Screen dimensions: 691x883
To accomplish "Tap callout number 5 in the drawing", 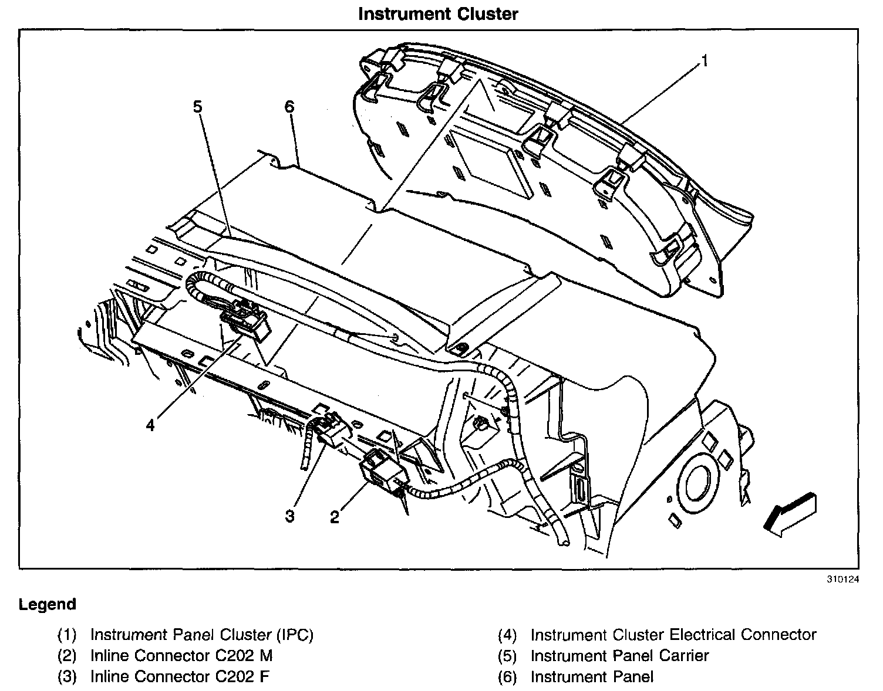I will [x=197, y=107].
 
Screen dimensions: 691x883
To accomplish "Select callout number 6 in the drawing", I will [x=288, y=107].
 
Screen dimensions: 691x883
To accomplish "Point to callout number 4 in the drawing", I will [x=150, y=425].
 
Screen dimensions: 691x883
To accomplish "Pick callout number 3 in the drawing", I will [x=289, y=516].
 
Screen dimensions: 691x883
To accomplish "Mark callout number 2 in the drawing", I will [x=335, y=517].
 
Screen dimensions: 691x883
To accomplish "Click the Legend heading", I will [x=48, y=604].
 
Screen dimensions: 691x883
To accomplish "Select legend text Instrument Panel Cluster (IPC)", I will [x=202, y=635].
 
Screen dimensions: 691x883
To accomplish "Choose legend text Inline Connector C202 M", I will [x=181, y=656].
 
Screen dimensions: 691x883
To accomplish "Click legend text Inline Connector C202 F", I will [x=180, y=676].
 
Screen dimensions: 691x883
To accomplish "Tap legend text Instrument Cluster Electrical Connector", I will [x=673, y=635].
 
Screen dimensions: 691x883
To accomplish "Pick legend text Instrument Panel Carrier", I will [x=619, y=656].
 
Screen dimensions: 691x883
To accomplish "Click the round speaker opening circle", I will [x=697, y=483].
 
